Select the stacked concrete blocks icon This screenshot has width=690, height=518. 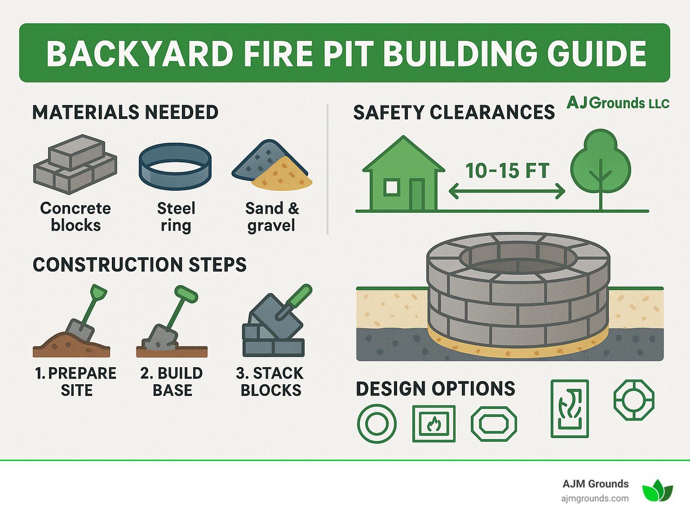coord(75,164)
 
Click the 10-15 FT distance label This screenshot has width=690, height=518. coord(507,171)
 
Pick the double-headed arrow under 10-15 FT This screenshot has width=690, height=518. coord(507,191)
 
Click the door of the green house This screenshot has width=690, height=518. coord(417,194)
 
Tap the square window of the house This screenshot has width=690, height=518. coord(392,187)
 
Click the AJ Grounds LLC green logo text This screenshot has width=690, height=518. coord(618,103)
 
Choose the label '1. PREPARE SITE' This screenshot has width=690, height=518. coord(76,382)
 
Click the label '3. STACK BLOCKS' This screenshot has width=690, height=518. coord(270,382)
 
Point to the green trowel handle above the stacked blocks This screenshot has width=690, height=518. coord(300,296)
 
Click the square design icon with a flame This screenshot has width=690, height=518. coord(434,424)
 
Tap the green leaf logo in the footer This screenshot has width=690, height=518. coord(657,490)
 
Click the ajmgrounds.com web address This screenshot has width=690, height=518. coord(595,498)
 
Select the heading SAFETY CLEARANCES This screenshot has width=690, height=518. coord(454,112)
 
